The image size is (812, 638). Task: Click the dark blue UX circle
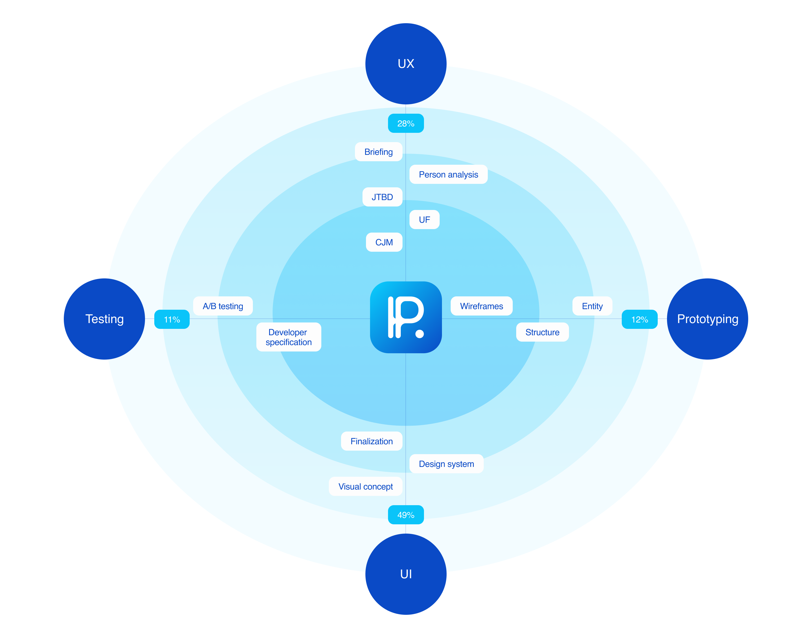406,64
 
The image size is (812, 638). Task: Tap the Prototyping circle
707,319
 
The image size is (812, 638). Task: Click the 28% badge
406,123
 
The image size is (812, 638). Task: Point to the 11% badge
172,319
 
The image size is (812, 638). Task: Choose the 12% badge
639,319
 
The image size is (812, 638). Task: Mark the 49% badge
406,515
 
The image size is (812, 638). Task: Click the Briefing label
378,152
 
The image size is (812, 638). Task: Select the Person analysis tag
448,175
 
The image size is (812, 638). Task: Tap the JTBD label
382,197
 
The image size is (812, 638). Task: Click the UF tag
424,220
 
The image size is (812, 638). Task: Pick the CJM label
384,242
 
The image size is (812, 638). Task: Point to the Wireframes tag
481,306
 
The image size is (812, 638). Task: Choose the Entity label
592,306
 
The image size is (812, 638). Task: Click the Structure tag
542,332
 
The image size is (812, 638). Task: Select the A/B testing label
223,306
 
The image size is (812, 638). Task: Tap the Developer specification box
288,337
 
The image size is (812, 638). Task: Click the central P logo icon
406,317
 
